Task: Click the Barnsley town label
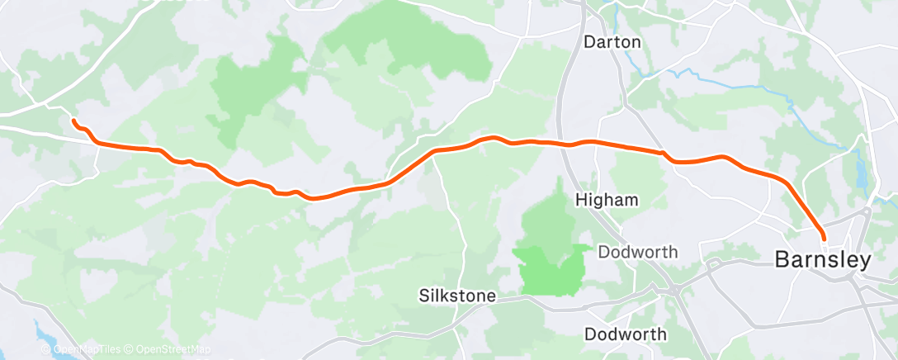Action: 823,260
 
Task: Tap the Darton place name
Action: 612,41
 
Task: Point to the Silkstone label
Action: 456,295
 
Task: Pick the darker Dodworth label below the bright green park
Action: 625,334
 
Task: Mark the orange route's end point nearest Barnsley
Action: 824,239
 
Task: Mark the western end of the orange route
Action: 73,121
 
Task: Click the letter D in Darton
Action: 588,41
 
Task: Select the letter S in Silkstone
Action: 423,295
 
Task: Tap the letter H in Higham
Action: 580,200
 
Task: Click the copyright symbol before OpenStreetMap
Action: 130,349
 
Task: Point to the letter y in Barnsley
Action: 866,262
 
